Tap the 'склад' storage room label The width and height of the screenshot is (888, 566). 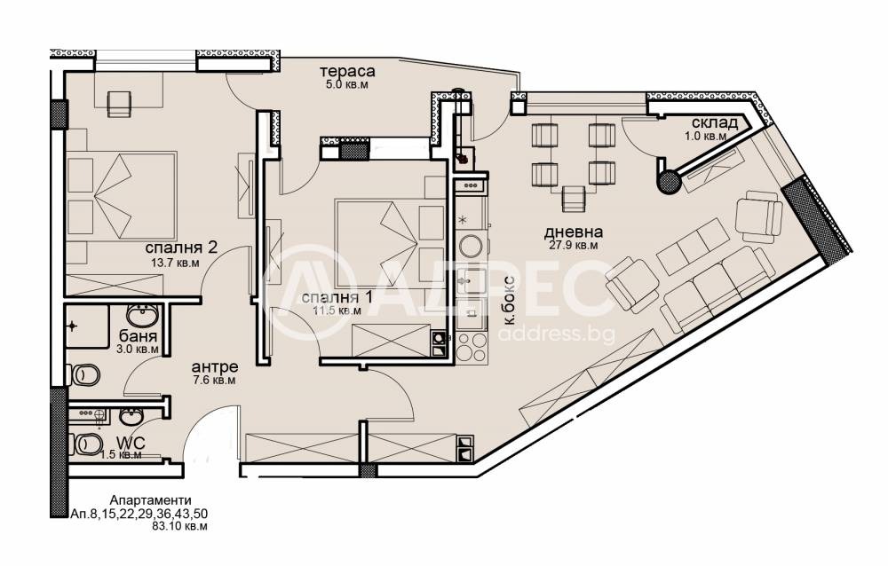pos(714,123)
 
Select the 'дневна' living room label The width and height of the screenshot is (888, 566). pos(573,232)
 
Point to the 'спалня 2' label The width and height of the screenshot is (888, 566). pos(181,248)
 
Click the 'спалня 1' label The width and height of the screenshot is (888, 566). pos(338,298)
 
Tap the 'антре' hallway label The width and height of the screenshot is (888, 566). pos(215,367)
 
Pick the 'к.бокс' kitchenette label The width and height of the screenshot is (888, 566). pos(509,300)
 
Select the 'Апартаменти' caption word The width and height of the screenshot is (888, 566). pos(150,500)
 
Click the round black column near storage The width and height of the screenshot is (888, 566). pos(670,182)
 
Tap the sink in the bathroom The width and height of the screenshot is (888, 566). pos(141,315)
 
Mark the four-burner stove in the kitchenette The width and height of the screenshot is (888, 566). pos(472,346)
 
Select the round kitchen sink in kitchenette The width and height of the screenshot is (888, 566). pos(471,247)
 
